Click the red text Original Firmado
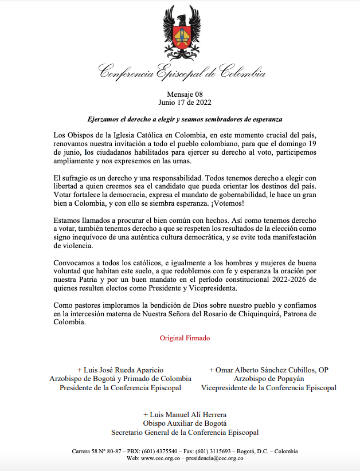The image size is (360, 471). (185, 338)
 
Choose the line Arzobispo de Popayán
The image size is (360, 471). (268, 379)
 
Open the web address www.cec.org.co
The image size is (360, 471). (161, 458)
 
